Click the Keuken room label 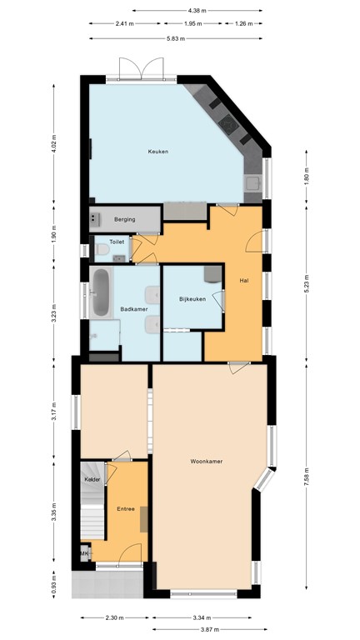pyautogui.click(x=158, y=152)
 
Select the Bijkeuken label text pyautogui.click(x=192, y=298)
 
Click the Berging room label pyautogui.click(x=125, y=219)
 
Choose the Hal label pyautogui.click(x=244, y=280)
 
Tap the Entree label pyautogui.click(x=126, y=507)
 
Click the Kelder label pyautogui.click(x=92, y=481)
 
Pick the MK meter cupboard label pyautogui.click(x=84, y=553)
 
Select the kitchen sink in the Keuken pyautogui.click(x=252, y=182)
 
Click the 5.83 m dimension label pyautogui.click(x=175, y=38)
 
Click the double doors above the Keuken pyautogui.click(x=141, y=68)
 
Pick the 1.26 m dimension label pyautogui.click(x=243, y=24)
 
